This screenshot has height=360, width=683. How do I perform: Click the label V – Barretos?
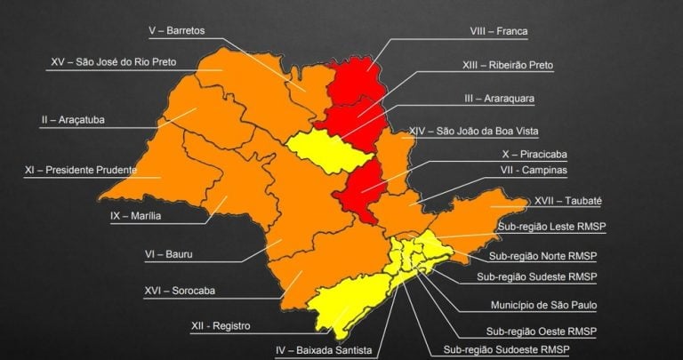pyautogui.click(x=176, y=30)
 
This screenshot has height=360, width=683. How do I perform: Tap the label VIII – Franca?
pyautogui.click(x=499, y=31)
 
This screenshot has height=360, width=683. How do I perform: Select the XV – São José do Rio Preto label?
pyautogui.click(x=114, y=62)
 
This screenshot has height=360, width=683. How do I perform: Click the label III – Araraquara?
pyautogui.click(x=499, y=98)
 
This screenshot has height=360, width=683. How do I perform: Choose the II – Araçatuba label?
pyautogui.click(x=73, y=119)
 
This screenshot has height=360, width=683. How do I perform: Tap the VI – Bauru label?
pyautogui.click(x=169, y=253)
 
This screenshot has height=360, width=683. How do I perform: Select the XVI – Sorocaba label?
pyautogui.click(x=180, y=290)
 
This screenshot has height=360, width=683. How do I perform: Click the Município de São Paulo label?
pyautogui.click(x=543, y=305)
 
